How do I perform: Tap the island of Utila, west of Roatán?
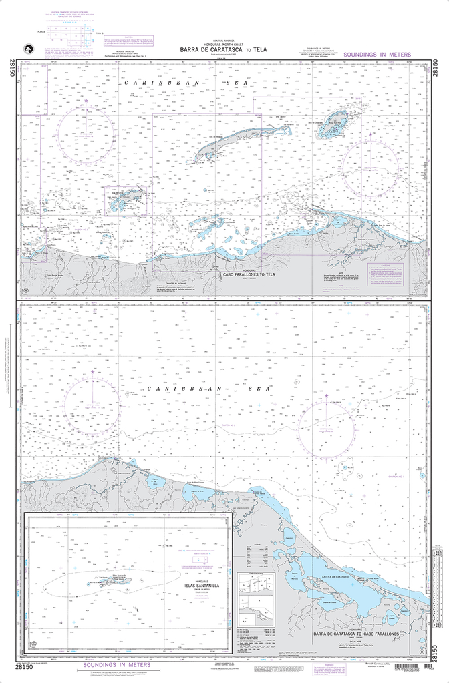click(x=126, y=200)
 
